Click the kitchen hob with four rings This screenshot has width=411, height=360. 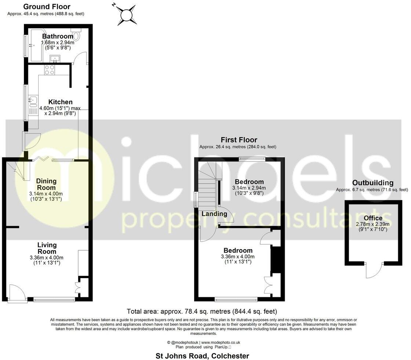tap(49, 69)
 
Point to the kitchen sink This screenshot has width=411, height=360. tap(33, 100)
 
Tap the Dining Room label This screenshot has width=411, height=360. tap(46, 184)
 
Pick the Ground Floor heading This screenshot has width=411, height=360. tap(47, 7)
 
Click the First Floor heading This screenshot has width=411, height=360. tap(239, 140)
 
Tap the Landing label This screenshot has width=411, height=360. tap(214, 214)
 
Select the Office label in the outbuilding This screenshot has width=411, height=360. tap(373, 218)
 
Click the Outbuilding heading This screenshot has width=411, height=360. tap(372, 183)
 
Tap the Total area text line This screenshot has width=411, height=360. tap(201, 312)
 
